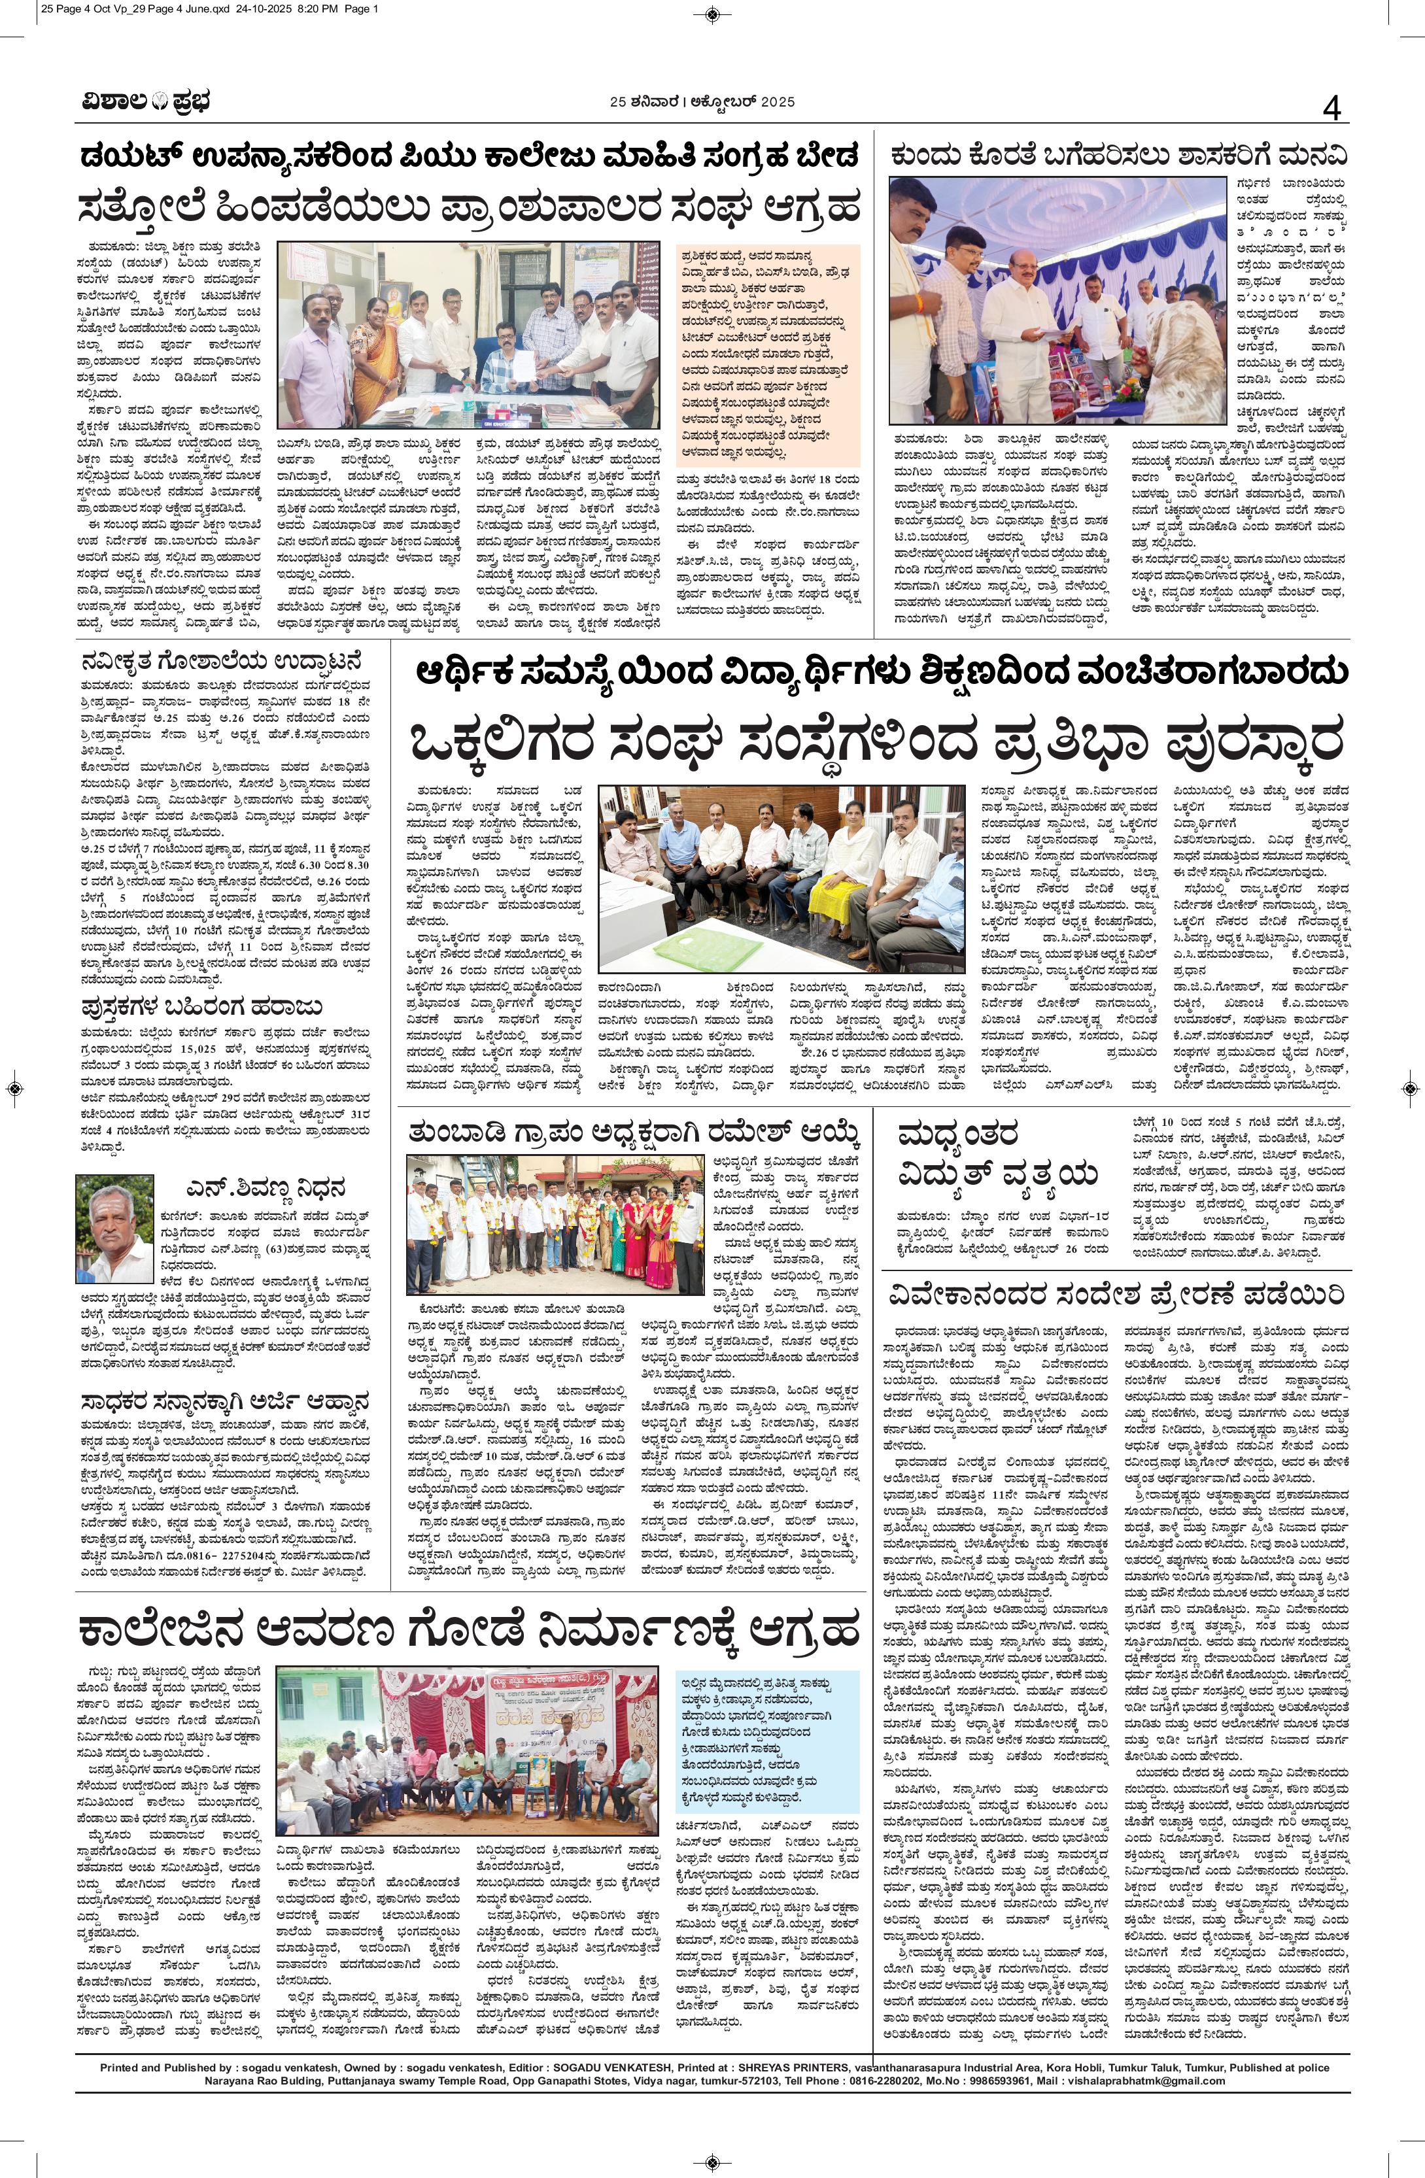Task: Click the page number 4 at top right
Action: (x=1331, y=109)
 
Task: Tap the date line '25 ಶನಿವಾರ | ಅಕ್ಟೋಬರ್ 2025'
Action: (x=702, y=101)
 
